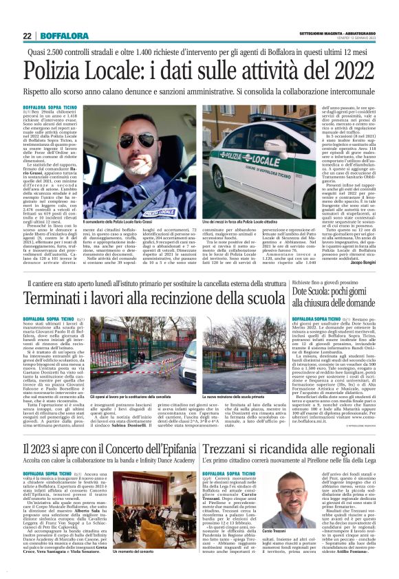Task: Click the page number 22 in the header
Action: [x=27, y=36]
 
